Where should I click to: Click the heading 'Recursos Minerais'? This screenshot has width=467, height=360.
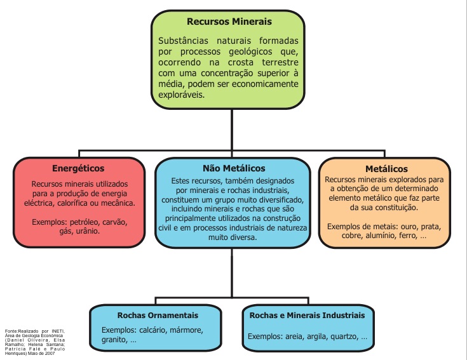[229, 22]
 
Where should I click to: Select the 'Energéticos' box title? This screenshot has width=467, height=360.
[78, 168]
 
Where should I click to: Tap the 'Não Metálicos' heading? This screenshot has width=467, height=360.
[234, 168]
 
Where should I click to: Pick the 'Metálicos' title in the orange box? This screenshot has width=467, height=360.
[386, 170]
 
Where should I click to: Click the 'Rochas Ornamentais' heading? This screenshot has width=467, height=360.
[158, 315]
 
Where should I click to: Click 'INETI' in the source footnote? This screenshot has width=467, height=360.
[57, 331]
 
